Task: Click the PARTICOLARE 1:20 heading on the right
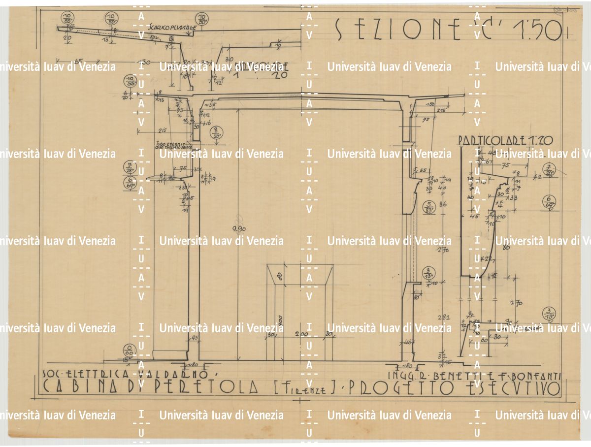point(505,141)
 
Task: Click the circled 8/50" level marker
point(216,133)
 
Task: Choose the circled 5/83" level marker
point(429,207)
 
